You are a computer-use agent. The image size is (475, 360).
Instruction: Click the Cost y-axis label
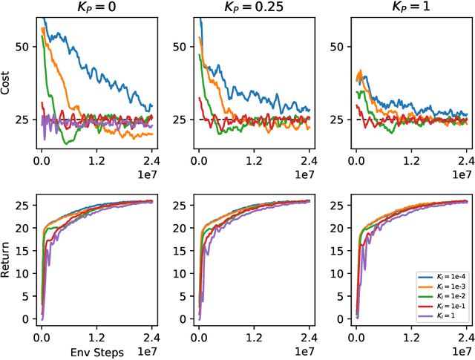[7, 86]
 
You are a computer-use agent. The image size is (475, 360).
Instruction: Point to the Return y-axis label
[7, 263]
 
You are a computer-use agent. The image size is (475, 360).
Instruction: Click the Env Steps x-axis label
[96, 351]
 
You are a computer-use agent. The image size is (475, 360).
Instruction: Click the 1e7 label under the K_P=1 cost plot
[462, 174]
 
